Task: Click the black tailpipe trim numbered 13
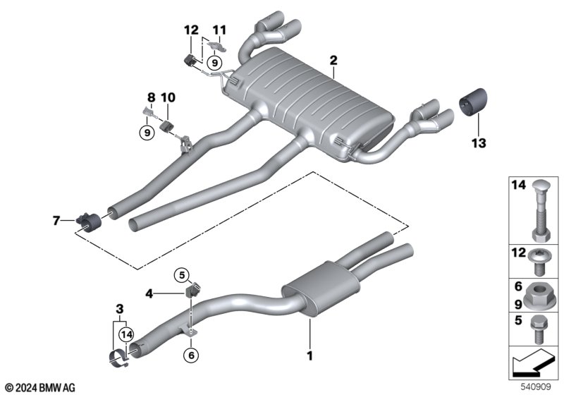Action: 473,100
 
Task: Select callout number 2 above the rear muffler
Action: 333,61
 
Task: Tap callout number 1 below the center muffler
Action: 309,355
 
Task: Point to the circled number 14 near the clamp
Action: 127,335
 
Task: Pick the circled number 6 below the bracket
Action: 191,355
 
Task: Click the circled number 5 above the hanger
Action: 182,276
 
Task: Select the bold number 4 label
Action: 149,294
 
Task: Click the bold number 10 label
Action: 168,97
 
